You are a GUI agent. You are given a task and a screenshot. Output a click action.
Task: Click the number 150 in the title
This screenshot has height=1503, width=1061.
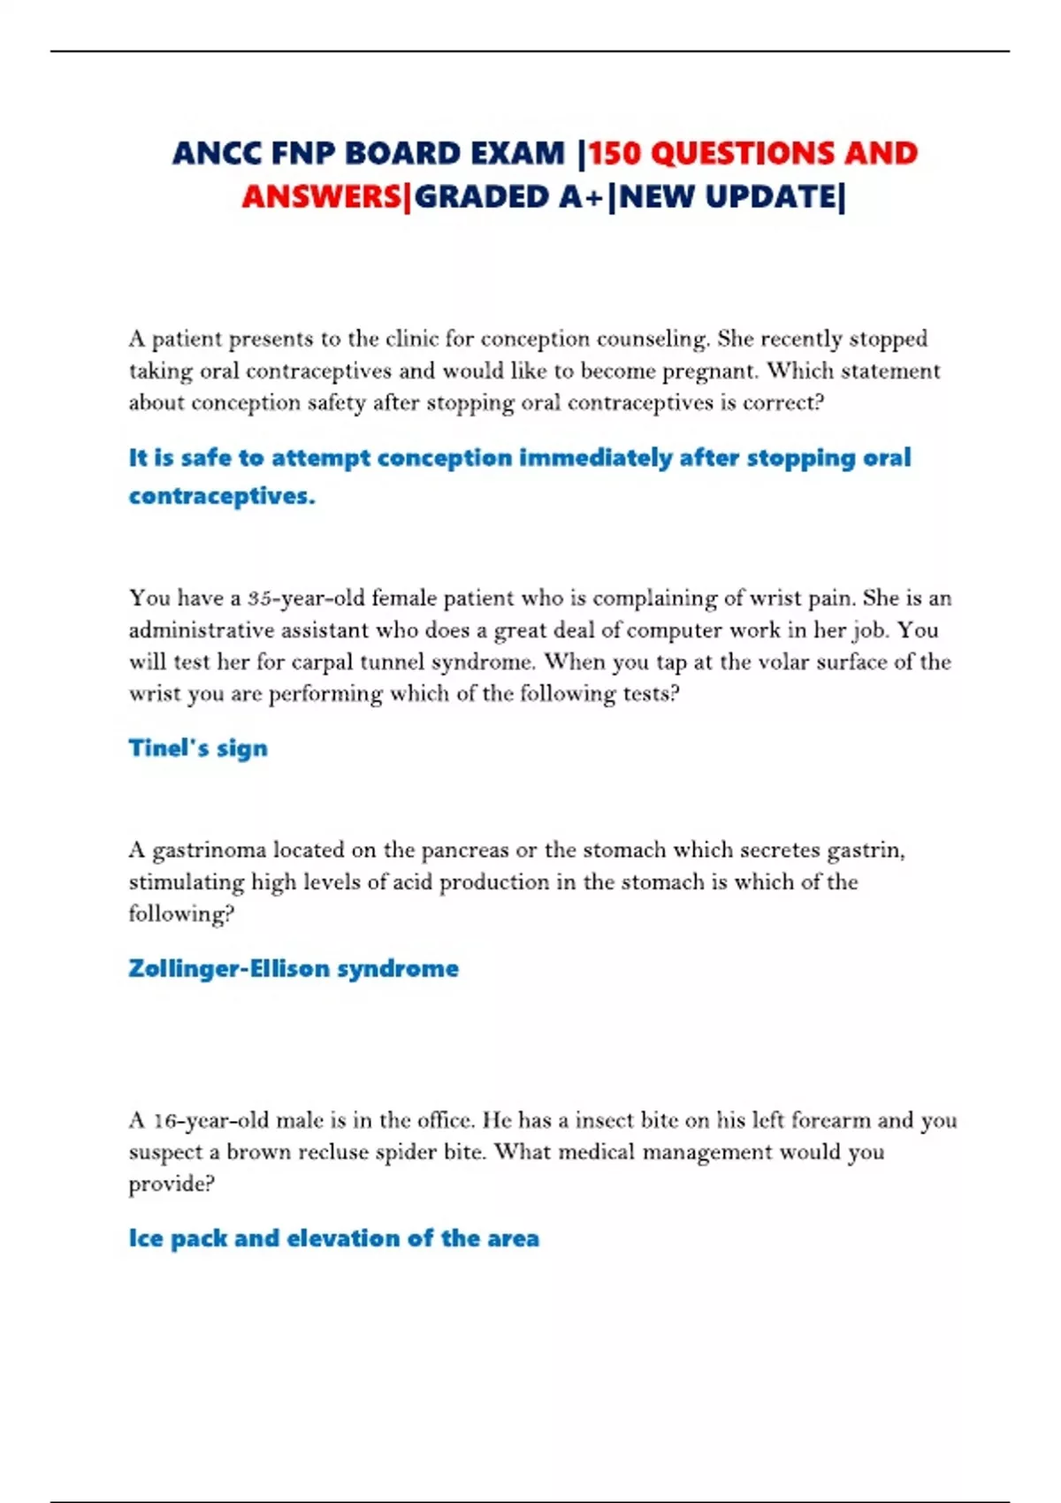[x=616, y=154]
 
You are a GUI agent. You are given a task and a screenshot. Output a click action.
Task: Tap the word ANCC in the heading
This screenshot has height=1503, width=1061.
[x=217, y=154]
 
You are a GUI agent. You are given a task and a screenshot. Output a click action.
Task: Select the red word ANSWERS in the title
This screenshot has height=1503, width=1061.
[x=322, y=197]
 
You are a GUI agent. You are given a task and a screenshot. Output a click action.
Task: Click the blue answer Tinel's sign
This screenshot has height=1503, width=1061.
[x=198, y=749]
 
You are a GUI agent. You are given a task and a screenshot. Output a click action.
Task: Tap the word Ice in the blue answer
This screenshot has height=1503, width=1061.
[x=146, y=1239]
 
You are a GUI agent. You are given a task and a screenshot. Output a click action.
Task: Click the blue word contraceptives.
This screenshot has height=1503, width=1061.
[x=221, y=496]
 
